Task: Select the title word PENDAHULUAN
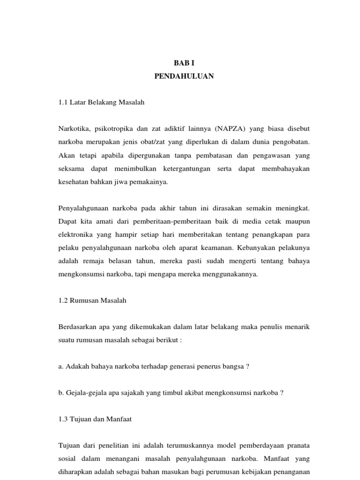pos(184,76)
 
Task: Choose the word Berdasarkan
pos(78,326)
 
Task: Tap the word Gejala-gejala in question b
pos(85,393)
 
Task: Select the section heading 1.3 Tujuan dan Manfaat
pos(95,419)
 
